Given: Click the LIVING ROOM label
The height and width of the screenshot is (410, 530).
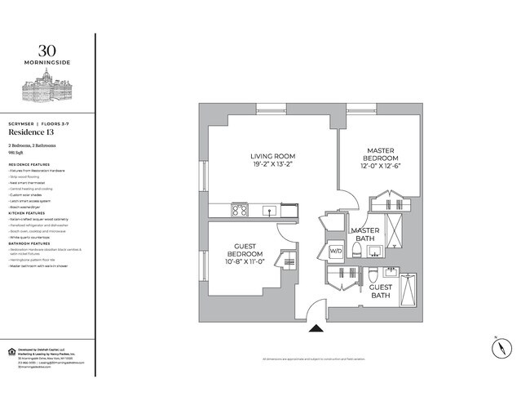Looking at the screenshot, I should coord(272,156).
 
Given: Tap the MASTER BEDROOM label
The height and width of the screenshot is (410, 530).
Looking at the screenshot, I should coord(381,150).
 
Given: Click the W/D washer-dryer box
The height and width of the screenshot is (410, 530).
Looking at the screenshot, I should coord(335,250).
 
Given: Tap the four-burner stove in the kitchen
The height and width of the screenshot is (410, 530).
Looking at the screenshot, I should coord(241,210).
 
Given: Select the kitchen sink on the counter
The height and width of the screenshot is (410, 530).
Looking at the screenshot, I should coord(270,211).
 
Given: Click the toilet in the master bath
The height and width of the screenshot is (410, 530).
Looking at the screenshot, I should coord(371,274).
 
